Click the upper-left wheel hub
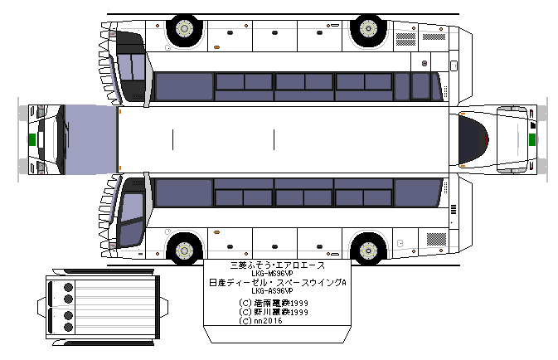184,30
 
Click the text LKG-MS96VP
276,274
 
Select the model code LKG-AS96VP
276,291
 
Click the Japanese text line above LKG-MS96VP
277,265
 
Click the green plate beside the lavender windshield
31,139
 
